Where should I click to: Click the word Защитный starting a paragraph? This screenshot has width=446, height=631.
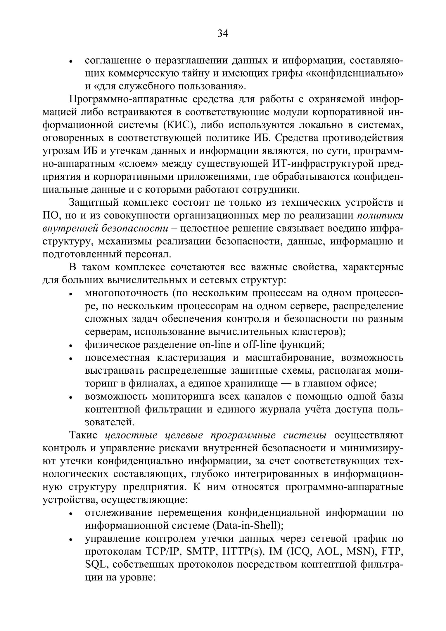pyautogui.click(x=94, y=202)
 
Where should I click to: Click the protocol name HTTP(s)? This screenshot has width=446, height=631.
pyautogui.click(x=243, y=552)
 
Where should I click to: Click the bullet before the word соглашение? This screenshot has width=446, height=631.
pyautogui.click(x=71, y=62)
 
